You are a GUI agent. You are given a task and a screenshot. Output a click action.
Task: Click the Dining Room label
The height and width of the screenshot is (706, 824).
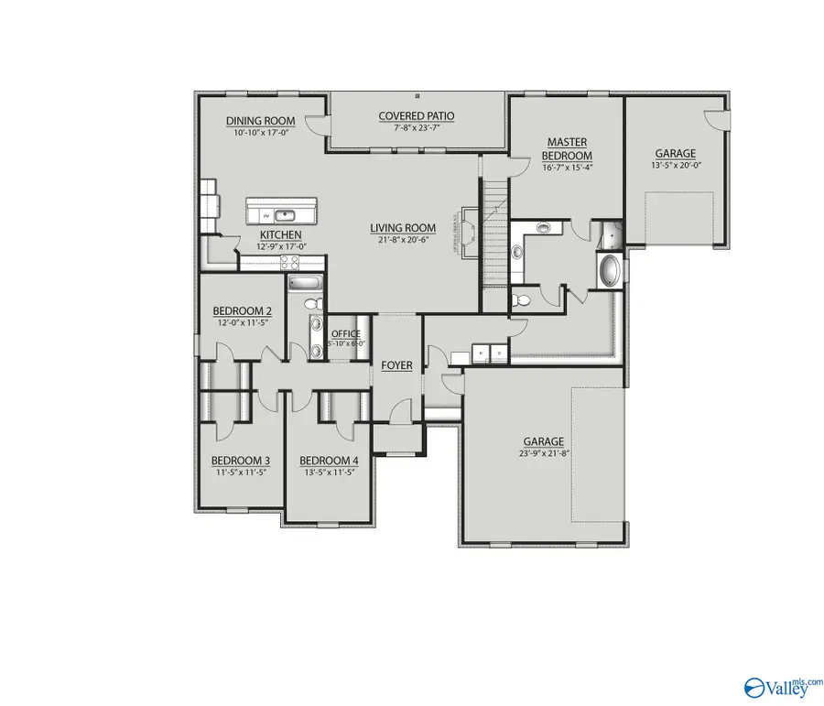coord(261,121)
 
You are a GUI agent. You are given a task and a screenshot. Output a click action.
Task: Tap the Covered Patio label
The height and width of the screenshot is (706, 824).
coord(417,116)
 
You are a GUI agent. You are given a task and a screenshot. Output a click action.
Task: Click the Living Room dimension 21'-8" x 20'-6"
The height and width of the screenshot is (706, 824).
coord(403,240)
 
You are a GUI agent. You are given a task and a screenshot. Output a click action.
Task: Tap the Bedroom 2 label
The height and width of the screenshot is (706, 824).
coord(243,310)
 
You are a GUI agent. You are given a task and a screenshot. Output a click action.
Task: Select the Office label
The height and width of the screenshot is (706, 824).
coord(346,333)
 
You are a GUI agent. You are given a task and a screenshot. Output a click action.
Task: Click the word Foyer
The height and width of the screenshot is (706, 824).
coord(396,365)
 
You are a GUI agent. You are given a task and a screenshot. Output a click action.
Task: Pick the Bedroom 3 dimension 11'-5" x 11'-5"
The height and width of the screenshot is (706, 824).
coord(241,473)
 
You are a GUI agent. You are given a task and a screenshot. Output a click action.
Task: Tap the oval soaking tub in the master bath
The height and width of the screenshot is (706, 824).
coord(610,271)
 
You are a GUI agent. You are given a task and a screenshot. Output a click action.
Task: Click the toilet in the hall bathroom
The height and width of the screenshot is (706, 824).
coord(309,303)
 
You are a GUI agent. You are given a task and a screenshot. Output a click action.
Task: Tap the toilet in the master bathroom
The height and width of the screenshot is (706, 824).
coord(523,299)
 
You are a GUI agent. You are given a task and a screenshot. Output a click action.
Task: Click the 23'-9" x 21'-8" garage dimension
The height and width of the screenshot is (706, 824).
coord(544,453)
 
